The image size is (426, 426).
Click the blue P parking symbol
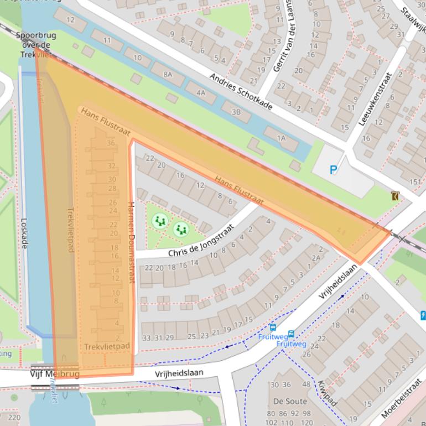click(334, 170)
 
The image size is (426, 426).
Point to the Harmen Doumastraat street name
click(131, 242)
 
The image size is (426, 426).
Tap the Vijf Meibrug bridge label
click(54, 375)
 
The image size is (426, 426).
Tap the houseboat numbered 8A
click(168, 74)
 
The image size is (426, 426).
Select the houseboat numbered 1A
click(281, 138)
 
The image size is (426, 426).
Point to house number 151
click(415, 182)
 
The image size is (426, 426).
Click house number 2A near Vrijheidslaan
click(316, 258)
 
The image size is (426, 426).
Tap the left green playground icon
click(160, 221)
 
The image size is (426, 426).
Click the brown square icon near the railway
click(394, 196)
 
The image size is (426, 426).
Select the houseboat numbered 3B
click(236, 112)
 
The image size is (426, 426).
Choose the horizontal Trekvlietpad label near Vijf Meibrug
click(107, 347)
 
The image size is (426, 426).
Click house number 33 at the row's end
click(147, 337)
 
